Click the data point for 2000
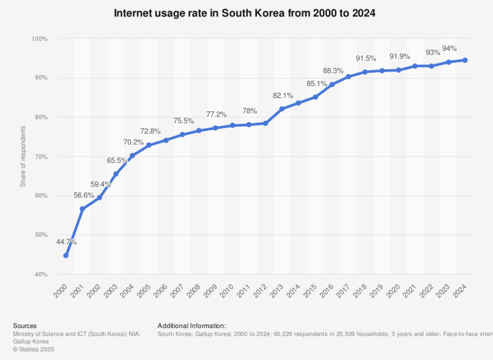(66, 256)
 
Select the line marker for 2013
(282, 109)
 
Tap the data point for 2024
(465, 60)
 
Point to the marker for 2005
(149, 145)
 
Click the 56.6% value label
(84, 196)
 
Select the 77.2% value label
(216, 114)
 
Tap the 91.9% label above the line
(399, 57)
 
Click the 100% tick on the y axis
(39, 39)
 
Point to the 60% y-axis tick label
(40, 196)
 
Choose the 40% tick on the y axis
(40, 274)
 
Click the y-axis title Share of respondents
(23, 157)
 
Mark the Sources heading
(25, 326)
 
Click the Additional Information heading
(192, 326)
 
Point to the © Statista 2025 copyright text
(34, 349)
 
